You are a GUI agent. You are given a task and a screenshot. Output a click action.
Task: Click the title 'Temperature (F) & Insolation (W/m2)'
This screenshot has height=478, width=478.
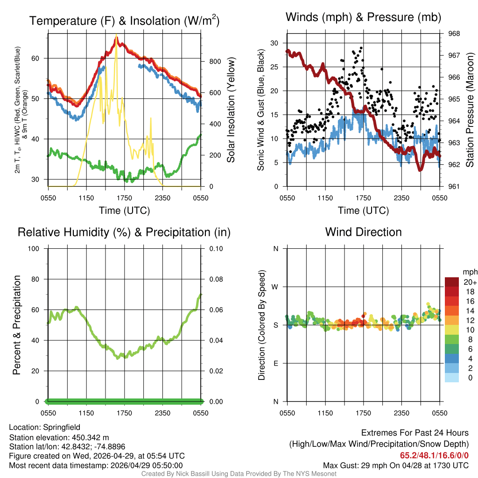pyautogui.click(x=124, y=21)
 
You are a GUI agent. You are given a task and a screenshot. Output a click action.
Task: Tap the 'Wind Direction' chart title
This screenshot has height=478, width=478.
pyautogui.click(x=363, y=232)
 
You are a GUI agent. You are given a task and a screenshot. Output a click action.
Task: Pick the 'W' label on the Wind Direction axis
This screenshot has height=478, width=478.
pyautogui.click(x=275, y=287)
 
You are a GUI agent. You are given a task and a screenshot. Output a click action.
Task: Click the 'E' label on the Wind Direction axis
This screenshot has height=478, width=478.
pyautogui.click(x=275, y=363)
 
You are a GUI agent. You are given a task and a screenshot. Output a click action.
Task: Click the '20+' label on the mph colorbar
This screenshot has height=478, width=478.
pyautogui.click(x=470, y=282)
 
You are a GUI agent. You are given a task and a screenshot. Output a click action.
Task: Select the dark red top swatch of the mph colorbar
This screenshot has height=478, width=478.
pyautogui.click(x=452, y=281)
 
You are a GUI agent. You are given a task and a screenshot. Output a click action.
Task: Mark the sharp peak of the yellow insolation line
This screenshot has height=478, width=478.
pyautogui.click(x=116, y=35)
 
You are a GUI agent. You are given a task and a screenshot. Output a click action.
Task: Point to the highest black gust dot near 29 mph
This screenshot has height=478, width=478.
pyautogui.click(x=361, y=48)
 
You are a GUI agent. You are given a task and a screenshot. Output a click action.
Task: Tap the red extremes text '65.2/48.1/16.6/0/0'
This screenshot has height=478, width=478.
pyautogui.click(x=434, y=456)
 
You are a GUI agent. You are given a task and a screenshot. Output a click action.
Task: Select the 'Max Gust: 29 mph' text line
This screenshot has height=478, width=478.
pyautogui.click(x=396, y=465)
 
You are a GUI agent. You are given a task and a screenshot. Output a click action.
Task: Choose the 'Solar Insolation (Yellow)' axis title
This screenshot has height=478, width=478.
pyautogui.click(x=231, y=110)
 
